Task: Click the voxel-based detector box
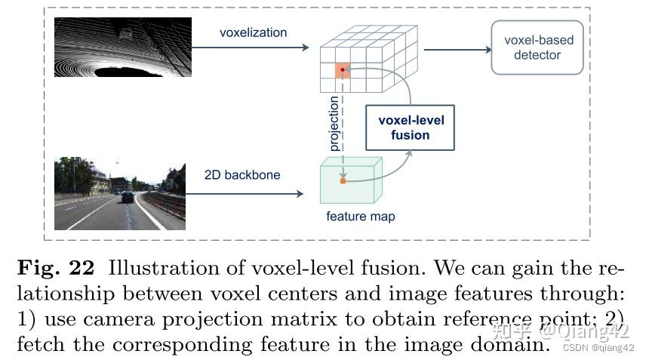[537, 48]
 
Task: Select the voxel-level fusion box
[411, 128]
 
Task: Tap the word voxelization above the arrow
[253, 32]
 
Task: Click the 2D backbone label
[242, 175]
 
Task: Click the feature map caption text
[360, 217]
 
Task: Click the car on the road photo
[127, 197]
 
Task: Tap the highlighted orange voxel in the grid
[343, 70]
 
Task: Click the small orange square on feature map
[343, 181]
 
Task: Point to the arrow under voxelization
[253, 48]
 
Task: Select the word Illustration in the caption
[154, 268]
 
